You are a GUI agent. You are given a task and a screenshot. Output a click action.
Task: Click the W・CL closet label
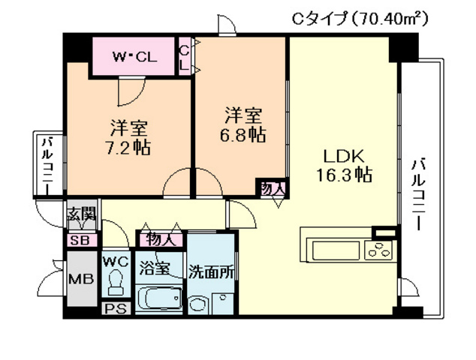point(134,56)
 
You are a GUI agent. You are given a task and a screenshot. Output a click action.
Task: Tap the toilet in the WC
point(116,283)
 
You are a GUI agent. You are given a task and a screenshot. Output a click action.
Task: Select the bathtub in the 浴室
point(159,300)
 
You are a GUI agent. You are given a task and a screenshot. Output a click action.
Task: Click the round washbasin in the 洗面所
point(197,304)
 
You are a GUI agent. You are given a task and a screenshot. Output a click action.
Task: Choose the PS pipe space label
point(116,308)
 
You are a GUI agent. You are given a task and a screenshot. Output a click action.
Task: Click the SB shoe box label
point(78,241)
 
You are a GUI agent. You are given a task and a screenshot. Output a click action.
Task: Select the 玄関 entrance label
point(82,215)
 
